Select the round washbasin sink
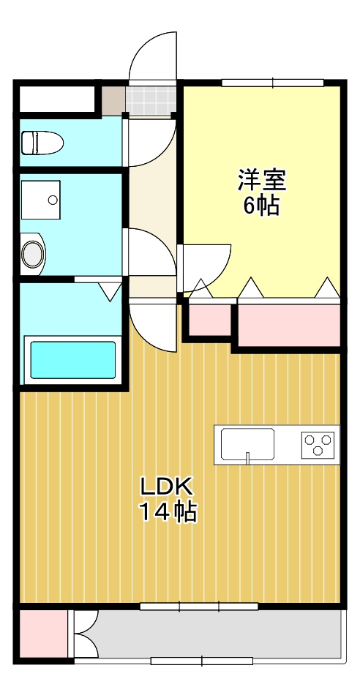[x=33, y=255]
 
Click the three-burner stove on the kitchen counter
[x=318, y=444]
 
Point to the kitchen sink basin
[x=247, y=442]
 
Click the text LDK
[x=167, y=486]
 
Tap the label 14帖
[x=168, y=513]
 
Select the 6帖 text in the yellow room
[x=261, y=206]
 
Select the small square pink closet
[x=210, y=318]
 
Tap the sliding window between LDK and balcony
[x=199, y=606]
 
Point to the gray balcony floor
[x=212, y=634]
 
